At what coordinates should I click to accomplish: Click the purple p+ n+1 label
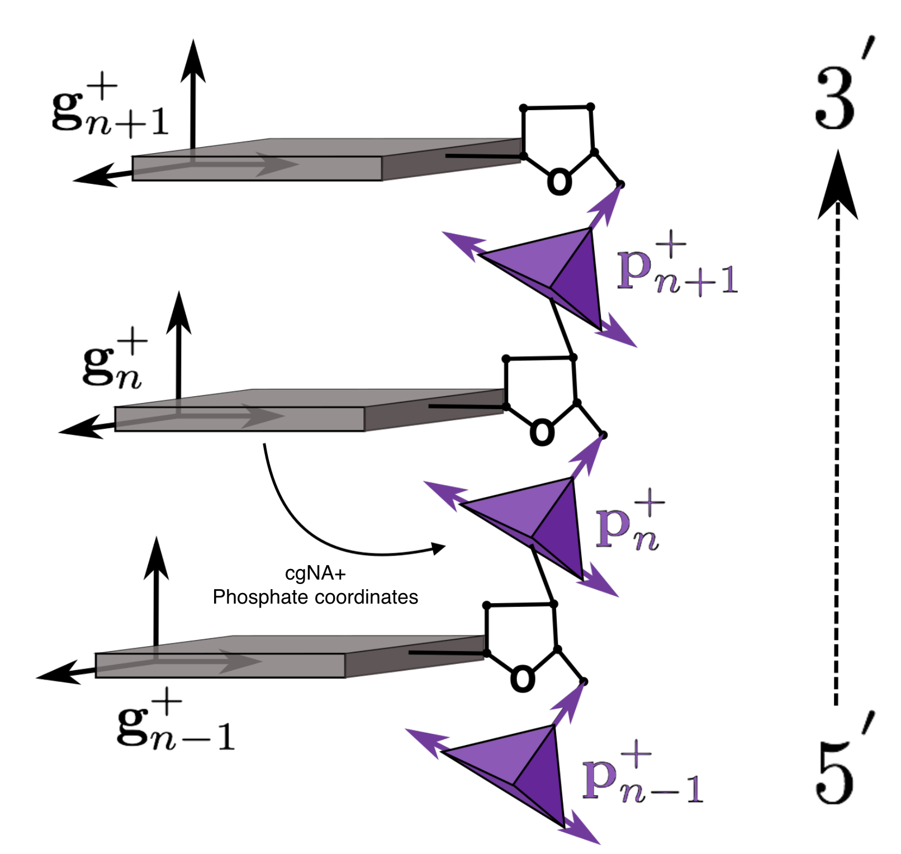click(676, 268)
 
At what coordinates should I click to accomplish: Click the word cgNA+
click(315, 573)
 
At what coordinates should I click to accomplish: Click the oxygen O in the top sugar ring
click(559, 182)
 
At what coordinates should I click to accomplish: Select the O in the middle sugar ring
click(542, 433)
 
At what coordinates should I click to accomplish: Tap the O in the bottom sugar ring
click(523, 679)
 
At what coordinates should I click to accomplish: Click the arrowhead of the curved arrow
click(439, 548)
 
